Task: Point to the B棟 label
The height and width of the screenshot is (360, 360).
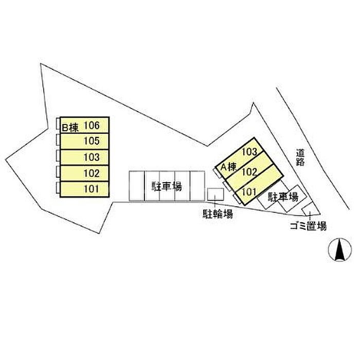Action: [69, 125]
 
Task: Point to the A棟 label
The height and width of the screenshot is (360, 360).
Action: [228, 167]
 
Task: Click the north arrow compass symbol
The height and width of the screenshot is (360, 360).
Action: [338, 250]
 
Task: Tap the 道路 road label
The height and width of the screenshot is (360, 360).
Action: [301, 158]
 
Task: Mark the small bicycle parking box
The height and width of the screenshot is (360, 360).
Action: [215, 194]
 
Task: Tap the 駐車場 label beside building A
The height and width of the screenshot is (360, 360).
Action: [283, 196]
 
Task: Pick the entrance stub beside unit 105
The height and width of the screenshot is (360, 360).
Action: [58, 140]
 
